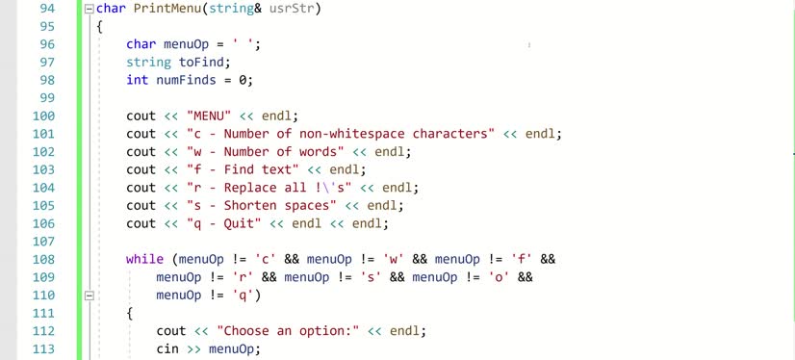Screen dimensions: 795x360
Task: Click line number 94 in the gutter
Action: coord(45,9)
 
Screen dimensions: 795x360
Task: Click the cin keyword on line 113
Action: coord(167,348)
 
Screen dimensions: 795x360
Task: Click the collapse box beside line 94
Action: coord(89,9)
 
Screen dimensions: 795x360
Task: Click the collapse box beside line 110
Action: coord(89,296)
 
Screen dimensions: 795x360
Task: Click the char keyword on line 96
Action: coord(141,44)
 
